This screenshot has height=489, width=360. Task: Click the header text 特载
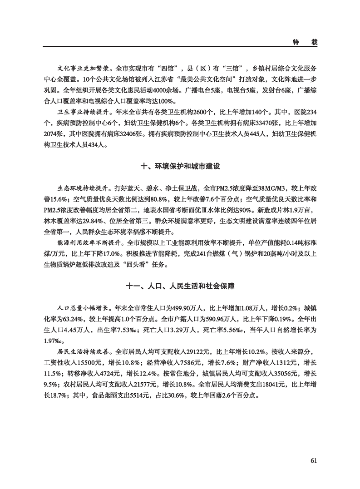pos(304,41)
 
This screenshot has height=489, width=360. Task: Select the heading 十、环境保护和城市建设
pos(180,167)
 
